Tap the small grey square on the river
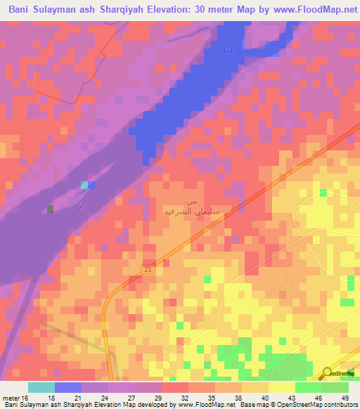50,209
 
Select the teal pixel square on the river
84,185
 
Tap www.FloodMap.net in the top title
309,10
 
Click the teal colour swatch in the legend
41,387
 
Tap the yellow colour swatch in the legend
281,387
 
